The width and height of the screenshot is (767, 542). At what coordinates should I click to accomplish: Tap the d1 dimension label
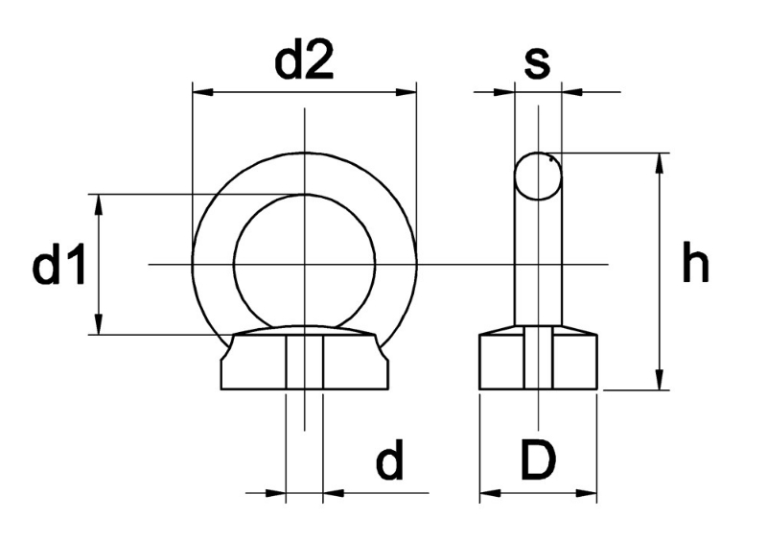pyautogui.click(x=58, y=265)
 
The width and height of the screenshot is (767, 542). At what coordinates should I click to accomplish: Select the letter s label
pyautogui.click(x=537, y=63)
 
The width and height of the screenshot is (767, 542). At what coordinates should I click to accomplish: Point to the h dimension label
pyautogui.click(x=695, y=262)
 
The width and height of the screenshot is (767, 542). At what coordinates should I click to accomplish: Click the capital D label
pyautogui.click(x=539, y=460)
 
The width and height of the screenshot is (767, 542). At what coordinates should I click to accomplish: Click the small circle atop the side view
pyautogui.click(x=538, y=177)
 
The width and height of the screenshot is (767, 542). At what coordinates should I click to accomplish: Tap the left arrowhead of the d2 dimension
pyautogui.click(x=203, y=91)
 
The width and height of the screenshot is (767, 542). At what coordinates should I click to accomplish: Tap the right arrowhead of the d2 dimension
pyautogui.click(x=406, y=91)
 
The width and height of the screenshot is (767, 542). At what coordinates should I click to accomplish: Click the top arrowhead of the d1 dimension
pyautogui.click(x=100, y=204)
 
